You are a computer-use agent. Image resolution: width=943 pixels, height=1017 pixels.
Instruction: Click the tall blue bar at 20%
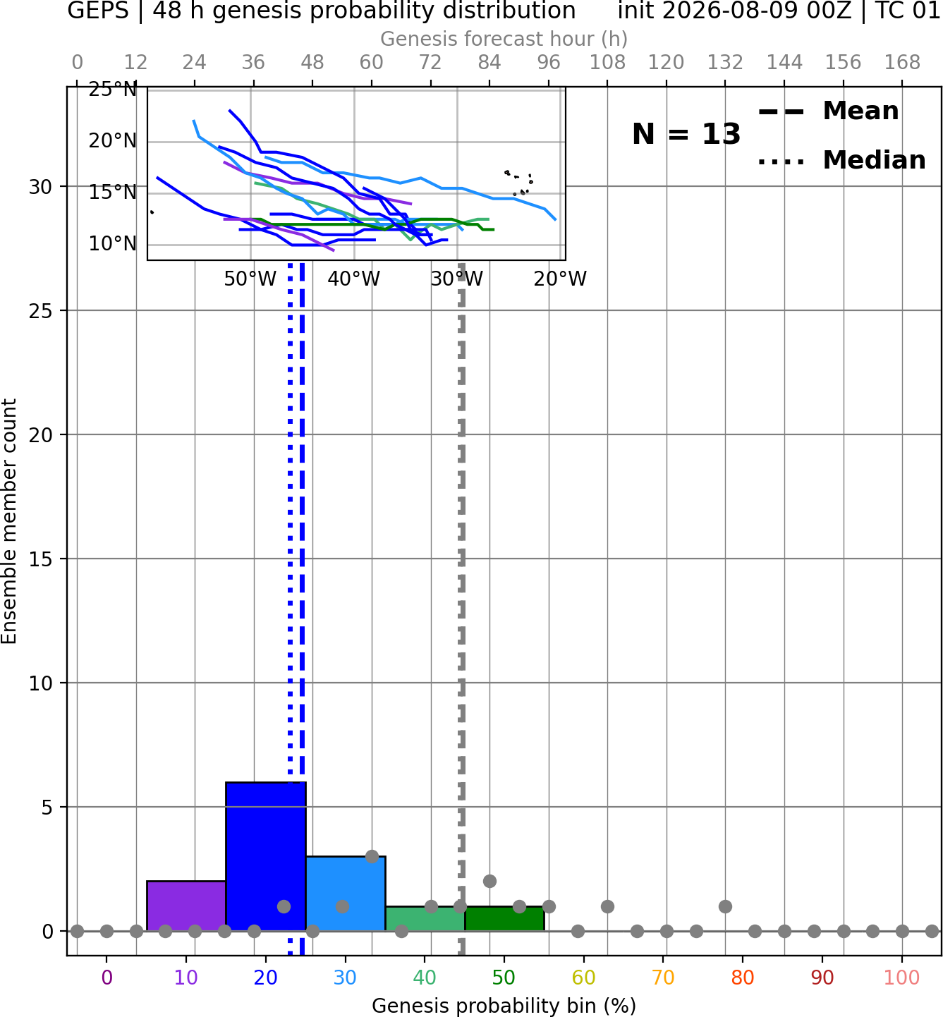[266, 856]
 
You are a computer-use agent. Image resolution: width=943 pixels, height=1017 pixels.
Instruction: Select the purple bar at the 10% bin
[186, 906]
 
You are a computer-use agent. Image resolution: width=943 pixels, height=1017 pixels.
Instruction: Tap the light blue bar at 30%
[346, 894]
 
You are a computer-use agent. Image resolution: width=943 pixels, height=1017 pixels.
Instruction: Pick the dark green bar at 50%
[504, 919]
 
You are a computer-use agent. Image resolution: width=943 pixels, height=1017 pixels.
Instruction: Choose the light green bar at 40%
[425, 919]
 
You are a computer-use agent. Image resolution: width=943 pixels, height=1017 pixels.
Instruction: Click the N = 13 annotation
[686, 134]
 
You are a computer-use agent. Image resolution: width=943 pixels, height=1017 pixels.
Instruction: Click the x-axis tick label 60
[584, 978]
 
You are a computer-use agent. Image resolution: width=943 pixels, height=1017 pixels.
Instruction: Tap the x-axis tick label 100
[902, 978]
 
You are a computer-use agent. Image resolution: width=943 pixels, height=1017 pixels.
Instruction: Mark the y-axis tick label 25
[41, 311]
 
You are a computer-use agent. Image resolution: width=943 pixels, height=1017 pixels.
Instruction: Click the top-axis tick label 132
[725, 63]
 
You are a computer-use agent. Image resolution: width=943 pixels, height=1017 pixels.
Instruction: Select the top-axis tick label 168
[903, 63]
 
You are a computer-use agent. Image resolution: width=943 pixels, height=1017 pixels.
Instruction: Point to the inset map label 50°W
[250, 279]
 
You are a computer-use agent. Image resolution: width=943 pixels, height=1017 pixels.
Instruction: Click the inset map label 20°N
[113, 141]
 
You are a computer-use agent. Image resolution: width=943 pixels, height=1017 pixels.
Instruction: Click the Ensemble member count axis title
[8, 521]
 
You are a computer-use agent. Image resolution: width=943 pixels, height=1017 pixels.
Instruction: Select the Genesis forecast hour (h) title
[504, 39]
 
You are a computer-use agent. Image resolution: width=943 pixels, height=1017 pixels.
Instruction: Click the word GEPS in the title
[98, 11]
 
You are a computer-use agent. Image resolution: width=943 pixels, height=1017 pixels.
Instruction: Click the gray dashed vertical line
[461, 609]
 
